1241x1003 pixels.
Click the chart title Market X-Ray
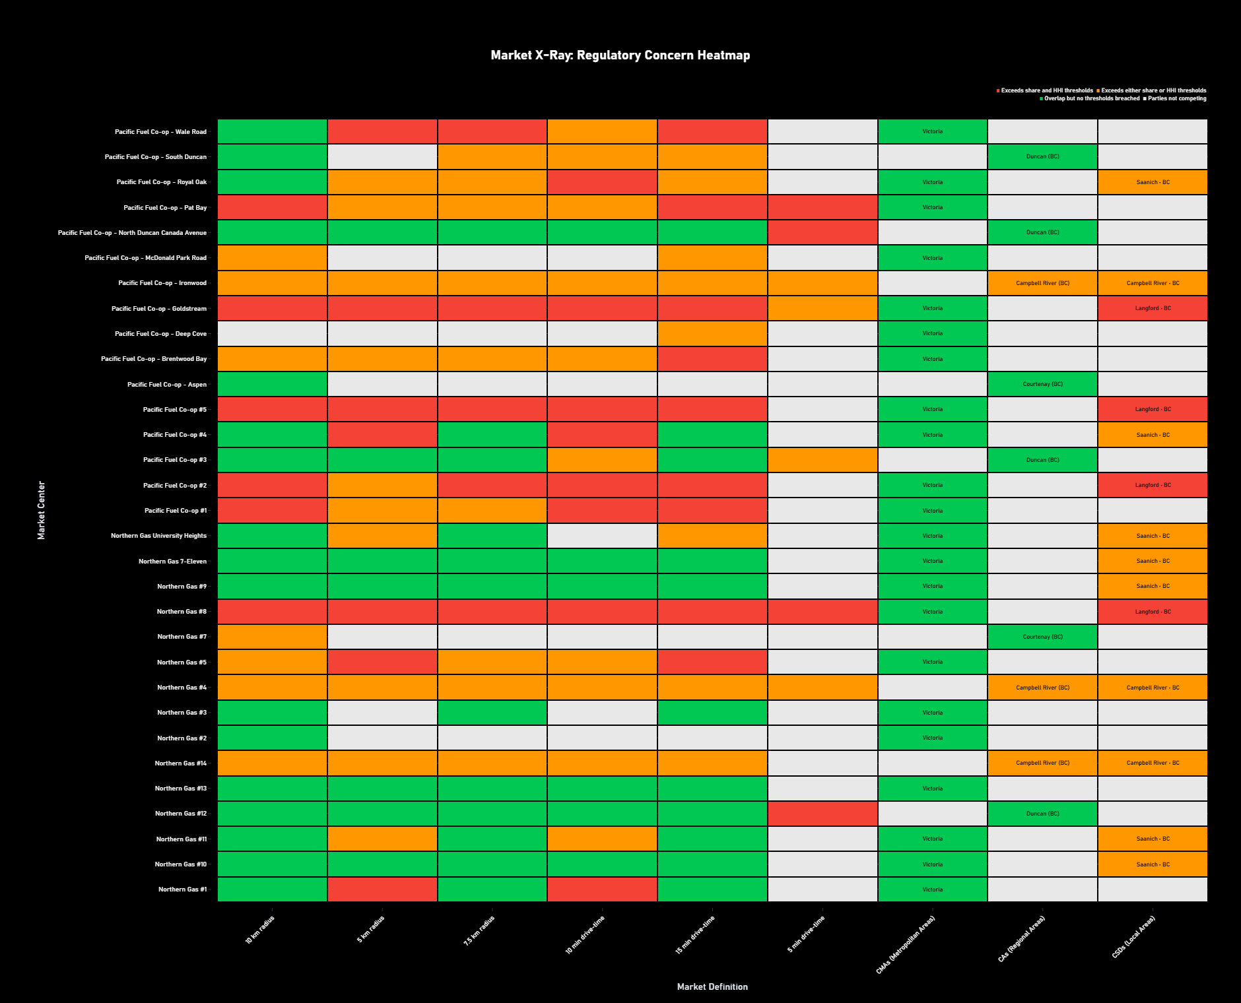pyautogui.click(x=620, y=55)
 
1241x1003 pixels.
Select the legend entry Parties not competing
pyautogui.click(x=1176, y=99)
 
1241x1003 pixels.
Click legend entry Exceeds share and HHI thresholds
pyautogui.click(x=1046, y=90)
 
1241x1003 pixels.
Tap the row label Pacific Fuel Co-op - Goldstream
pyautogui.click(x=158, y=309)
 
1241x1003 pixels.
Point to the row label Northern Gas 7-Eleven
pyautogui.click(x=172, y=562)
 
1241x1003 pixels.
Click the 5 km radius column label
pyautogui.click(x=371, y=929)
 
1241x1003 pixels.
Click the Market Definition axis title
pyautogui.click(x=712, y=987)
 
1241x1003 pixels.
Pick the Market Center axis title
pyautogui.click(x=42, y=510)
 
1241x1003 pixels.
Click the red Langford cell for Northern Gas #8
pyautogui.click(x=1153, y=612)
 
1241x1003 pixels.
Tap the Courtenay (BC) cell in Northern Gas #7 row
pyautogui.click(x=1042, y=637)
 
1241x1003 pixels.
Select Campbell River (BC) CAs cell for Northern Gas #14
pyautogui.click(x=1042, y=763)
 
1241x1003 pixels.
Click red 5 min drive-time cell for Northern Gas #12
pyautogui.click(x=822, y=814)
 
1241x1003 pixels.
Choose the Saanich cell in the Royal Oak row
pyautogui.click(x=1153, y=182)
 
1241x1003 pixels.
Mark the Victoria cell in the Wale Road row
pyautogui.click(x=932, y=131)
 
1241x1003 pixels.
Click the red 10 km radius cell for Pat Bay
pyautogui.click(x=272, y=207)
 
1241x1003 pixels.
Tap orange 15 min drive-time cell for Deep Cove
pyautogui.click(x=712, y=334)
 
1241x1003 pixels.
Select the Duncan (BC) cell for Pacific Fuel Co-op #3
pyautogui.click(x=1042, y=460)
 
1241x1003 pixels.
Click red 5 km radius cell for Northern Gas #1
pyautogui.click(x=382, y=890)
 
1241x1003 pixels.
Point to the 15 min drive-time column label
pyautogui.click(x=695, y=934)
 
